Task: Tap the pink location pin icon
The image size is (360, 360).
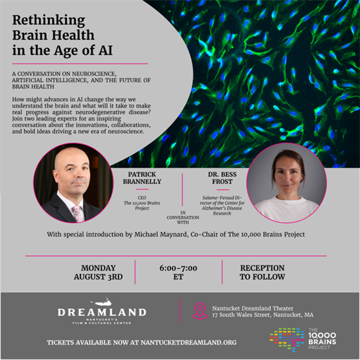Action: click(200, 311)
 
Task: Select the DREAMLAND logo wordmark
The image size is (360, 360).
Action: click(102, 312)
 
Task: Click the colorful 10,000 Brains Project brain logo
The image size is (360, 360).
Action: click(287, 339)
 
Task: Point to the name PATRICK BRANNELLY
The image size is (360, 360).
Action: click(142, 178)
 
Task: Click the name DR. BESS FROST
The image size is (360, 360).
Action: click(222, 178)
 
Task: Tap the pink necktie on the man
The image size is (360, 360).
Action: click(77, 213)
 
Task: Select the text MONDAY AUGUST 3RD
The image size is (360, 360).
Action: click(98, 273)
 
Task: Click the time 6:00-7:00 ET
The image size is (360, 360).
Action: click(179, 273)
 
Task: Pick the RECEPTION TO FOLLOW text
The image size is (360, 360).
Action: click(262, 273)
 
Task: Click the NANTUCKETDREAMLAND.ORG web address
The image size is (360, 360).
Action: click(188, 343)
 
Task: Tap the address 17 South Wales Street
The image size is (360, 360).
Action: click(242, 315)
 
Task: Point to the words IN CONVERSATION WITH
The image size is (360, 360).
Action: click(183, 217)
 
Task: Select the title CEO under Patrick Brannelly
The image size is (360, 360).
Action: click(142, 198)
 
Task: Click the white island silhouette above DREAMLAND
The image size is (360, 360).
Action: click(102, 301)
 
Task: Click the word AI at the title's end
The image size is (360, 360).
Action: click(105, 50)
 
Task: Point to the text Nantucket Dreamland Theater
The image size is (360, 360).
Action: click(253, 309)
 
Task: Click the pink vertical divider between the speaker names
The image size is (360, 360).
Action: click(183, 190)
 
